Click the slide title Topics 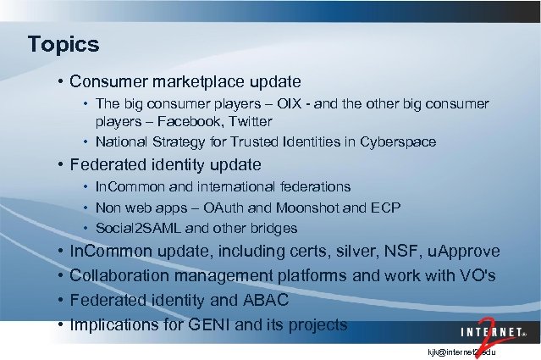point(63,43)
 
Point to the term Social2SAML point(132,228)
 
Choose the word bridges point(271,228)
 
